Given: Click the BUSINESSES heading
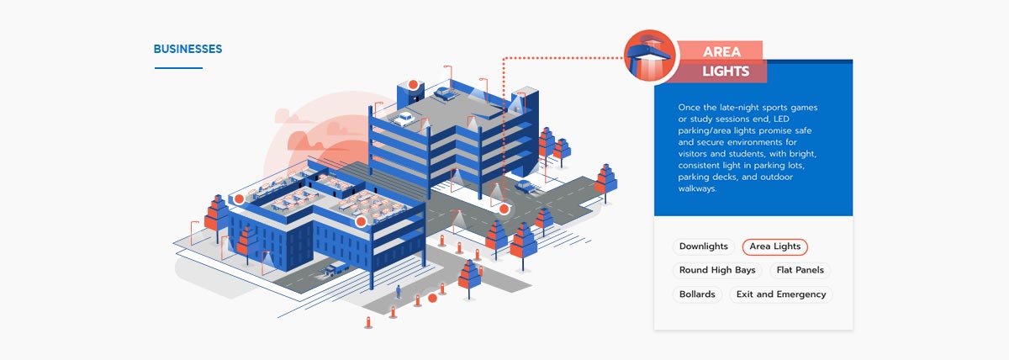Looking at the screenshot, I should (x=188, y=50).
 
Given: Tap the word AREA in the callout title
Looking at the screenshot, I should (x=721, y=52).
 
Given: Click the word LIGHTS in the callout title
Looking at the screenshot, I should (x=725, y=72).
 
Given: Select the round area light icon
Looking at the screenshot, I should (x=651, y=56).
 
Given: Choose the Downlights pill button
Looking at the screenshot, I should (x=704, y=246).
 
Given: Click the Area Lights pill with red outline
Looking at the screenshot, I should (x=774, y=246).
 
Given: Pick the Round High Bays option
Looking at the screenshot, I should (x=717, y=271).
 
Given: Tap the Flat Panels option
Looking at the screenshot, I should (x=800, y=271).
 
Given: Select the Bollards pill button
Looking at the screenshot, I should (x=697, y=294).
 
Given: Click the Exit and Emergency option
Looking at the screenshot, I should (x=781, y=294).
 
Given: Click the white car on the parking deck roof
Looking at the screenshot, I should (x=405, y=118).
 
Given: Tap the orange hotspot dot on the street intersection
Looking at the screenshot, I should (x=504, y=209).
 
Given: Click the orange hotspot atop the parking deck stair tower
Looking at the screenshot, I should (x=413, y=84).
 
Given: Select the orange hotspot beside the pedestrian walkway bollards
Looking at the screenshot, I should (x=432, y=298).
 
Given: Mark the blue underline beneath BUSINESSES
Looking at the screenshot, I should (x=178, y=68).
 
